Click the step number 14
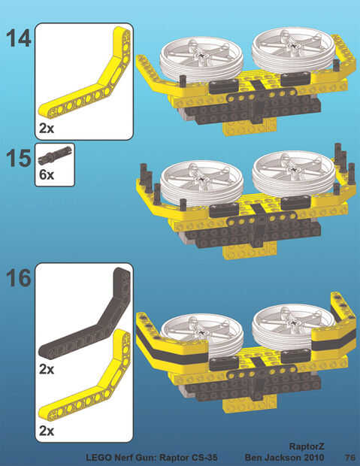(19, 38)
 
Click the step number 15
(19, 158)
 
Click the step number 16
(19, 278)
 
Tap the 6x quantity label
(47, 174)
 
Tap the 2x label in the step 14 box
(47, 129)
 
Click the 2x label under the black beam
(47, 369)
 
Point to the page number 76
(350, 457)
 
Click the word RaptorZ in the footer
(307, 446)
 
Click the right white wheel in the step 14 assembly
(294, 50)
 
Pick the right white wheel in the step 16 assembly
(294, 326)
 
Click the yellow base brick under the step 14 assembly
(250, 128)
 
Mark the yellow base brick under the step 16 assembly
(250, 405)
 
